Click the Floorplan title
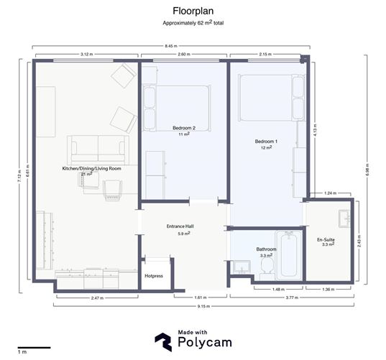point(192,11)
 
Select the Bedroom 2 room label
point(184,130)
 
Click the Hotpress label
point(154,275)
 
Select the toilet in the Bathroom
point(265,267)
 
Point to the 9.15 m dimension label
point(203,308)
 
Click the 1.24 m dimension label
point(330,193)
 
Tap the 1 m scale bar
point(32,349)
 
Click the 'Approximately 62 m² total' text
point(193,24)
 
